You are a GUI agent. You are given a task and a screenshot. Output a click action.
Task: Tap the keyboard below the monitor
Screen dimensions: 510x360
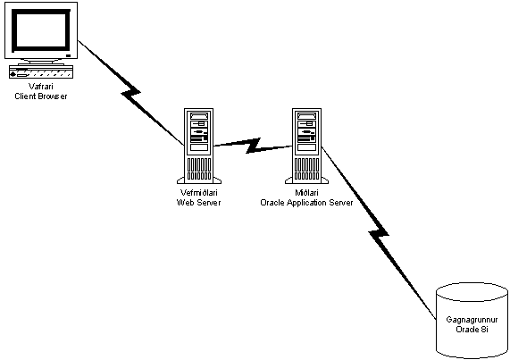pos(41,71)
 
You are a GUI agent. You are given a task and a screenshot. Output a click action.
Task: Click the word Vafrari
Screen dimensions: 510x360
pos(41,87)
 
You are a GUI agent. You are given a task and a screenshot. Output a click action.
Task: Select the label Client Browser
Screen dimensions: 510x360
pos(41,96)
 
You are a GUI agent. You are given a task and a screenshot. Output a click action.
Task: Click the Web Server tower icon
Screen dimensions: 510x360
pos(199,146)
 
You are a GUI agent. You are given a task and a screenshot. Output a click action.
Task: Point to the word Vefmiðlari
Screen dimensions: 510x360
pos(199,193)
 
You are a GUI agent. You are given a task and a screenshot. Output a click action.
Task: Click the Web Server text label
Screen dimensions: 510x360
pos(199,202)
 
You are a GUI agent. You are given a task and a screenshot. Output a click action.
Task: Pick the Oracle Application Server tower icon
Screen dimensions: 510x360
pos(306,146)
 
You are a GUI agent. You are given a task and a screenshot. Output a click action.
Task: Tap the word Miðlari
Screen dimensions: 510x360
pos(306,193)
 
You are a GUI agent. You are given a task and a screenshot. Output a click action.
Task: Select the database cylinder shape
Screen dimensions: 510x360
pos(472,321)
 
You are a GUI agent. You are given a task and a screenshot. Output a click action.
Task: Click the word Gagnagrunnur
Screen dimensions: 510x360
pos(472,320)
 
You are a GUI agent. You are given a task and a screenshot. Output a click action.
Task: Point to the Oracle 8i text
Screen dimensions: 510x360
pos(472,329)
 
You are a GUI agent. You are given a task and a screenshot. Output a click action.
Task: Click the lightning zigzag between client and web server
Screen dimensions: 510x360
pos(130,92)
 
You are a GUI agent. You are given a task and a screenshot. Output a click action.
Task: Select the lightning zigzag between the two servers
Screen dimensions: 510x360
pos(253,146)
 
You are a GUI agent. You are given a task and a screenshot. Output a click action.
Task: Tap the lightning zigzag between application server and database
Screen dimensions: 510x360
pos(379,233)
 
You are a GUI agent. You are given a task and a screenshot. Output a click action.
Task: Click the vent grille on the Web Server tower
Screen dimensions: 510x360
pos(199,169)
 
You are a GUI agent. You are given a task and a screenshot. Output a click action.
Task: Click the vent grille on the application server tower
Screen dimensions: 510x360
pos(306,169)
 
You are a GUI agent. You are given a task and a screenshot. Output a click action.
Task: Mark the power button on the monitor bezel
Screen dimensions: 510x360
pos(68,55)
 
